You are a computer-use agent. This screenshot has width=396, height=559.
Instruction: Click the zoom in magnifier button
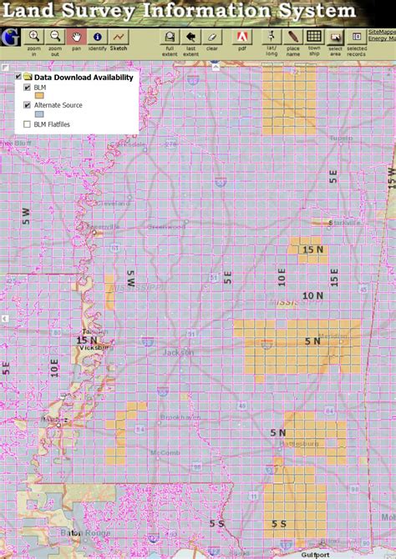point(34,37)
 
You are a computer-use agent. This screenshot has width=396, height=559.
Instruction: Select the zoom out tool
point(55,37)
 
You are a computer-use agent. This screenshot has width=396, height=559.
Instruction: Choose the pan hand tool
point(76,37)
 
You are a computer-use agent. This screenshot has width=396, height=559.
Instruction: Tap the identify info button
point(97,37)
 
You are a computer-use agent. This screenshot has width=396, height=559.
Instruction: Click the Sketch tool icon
point(119,37)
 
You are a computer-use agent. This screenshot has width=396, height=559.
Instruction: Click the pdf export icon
point(241,37)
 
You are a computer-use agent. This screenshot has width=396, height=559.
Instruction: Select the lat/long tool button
point(272,37)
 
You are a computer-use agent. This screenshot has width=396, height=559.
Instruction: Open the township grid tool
point(313,37)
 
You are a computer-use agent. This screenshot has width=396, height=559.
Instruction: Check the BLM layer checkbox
point(28,87)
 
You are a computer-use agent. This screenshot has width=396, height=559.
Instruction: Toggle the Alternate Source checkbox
point(28,105)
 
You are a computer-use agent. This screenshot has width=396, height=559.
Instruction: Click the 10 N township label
point(313,295)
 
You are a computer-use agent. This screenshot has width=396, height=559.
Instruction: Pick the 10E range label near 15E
point(282,276)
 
